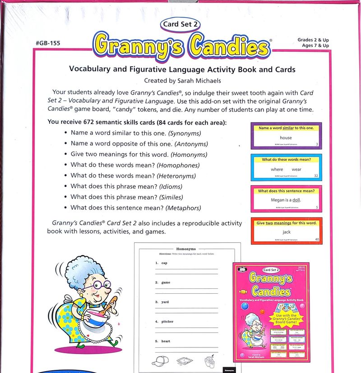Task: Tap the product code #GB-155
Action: (x=47, y=43)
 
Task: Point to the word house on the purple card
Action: (x=286, y=137)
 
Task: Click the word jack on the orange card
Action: (x=287, y=232)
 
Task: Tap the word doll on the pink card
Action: (x=296, y=200)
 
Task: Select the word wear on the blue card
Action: (x=296, y=169)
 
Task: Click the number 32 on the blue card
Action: (x=316, y=176)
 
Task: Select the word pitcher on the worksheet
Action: (x=167, y=322)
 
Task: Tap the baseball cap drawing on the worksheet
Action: (x=160, y=360)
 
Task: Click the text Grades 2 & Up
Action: (x=313, y=40)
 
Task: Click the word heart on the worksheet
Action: (x=165, y=341)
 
